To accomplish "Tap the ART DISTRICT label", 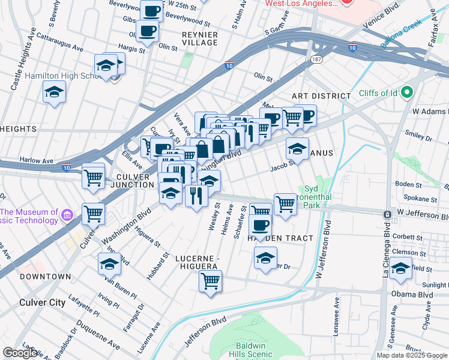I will coord(321,96).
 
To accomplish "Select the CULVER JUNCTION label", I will coord(127,180).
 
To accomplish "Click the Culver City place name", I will coord(41,302).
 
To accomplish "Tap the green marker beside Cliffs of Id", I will coord(408,92).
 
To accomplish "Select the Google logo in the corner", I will coord(20,353).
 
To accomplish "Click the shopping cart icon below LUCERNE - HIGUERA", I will coord(210,281).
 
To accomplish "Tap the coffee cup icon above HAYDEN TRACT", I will coord(260,226).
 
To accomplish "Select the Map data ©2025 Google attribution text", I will coord(412,355).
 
